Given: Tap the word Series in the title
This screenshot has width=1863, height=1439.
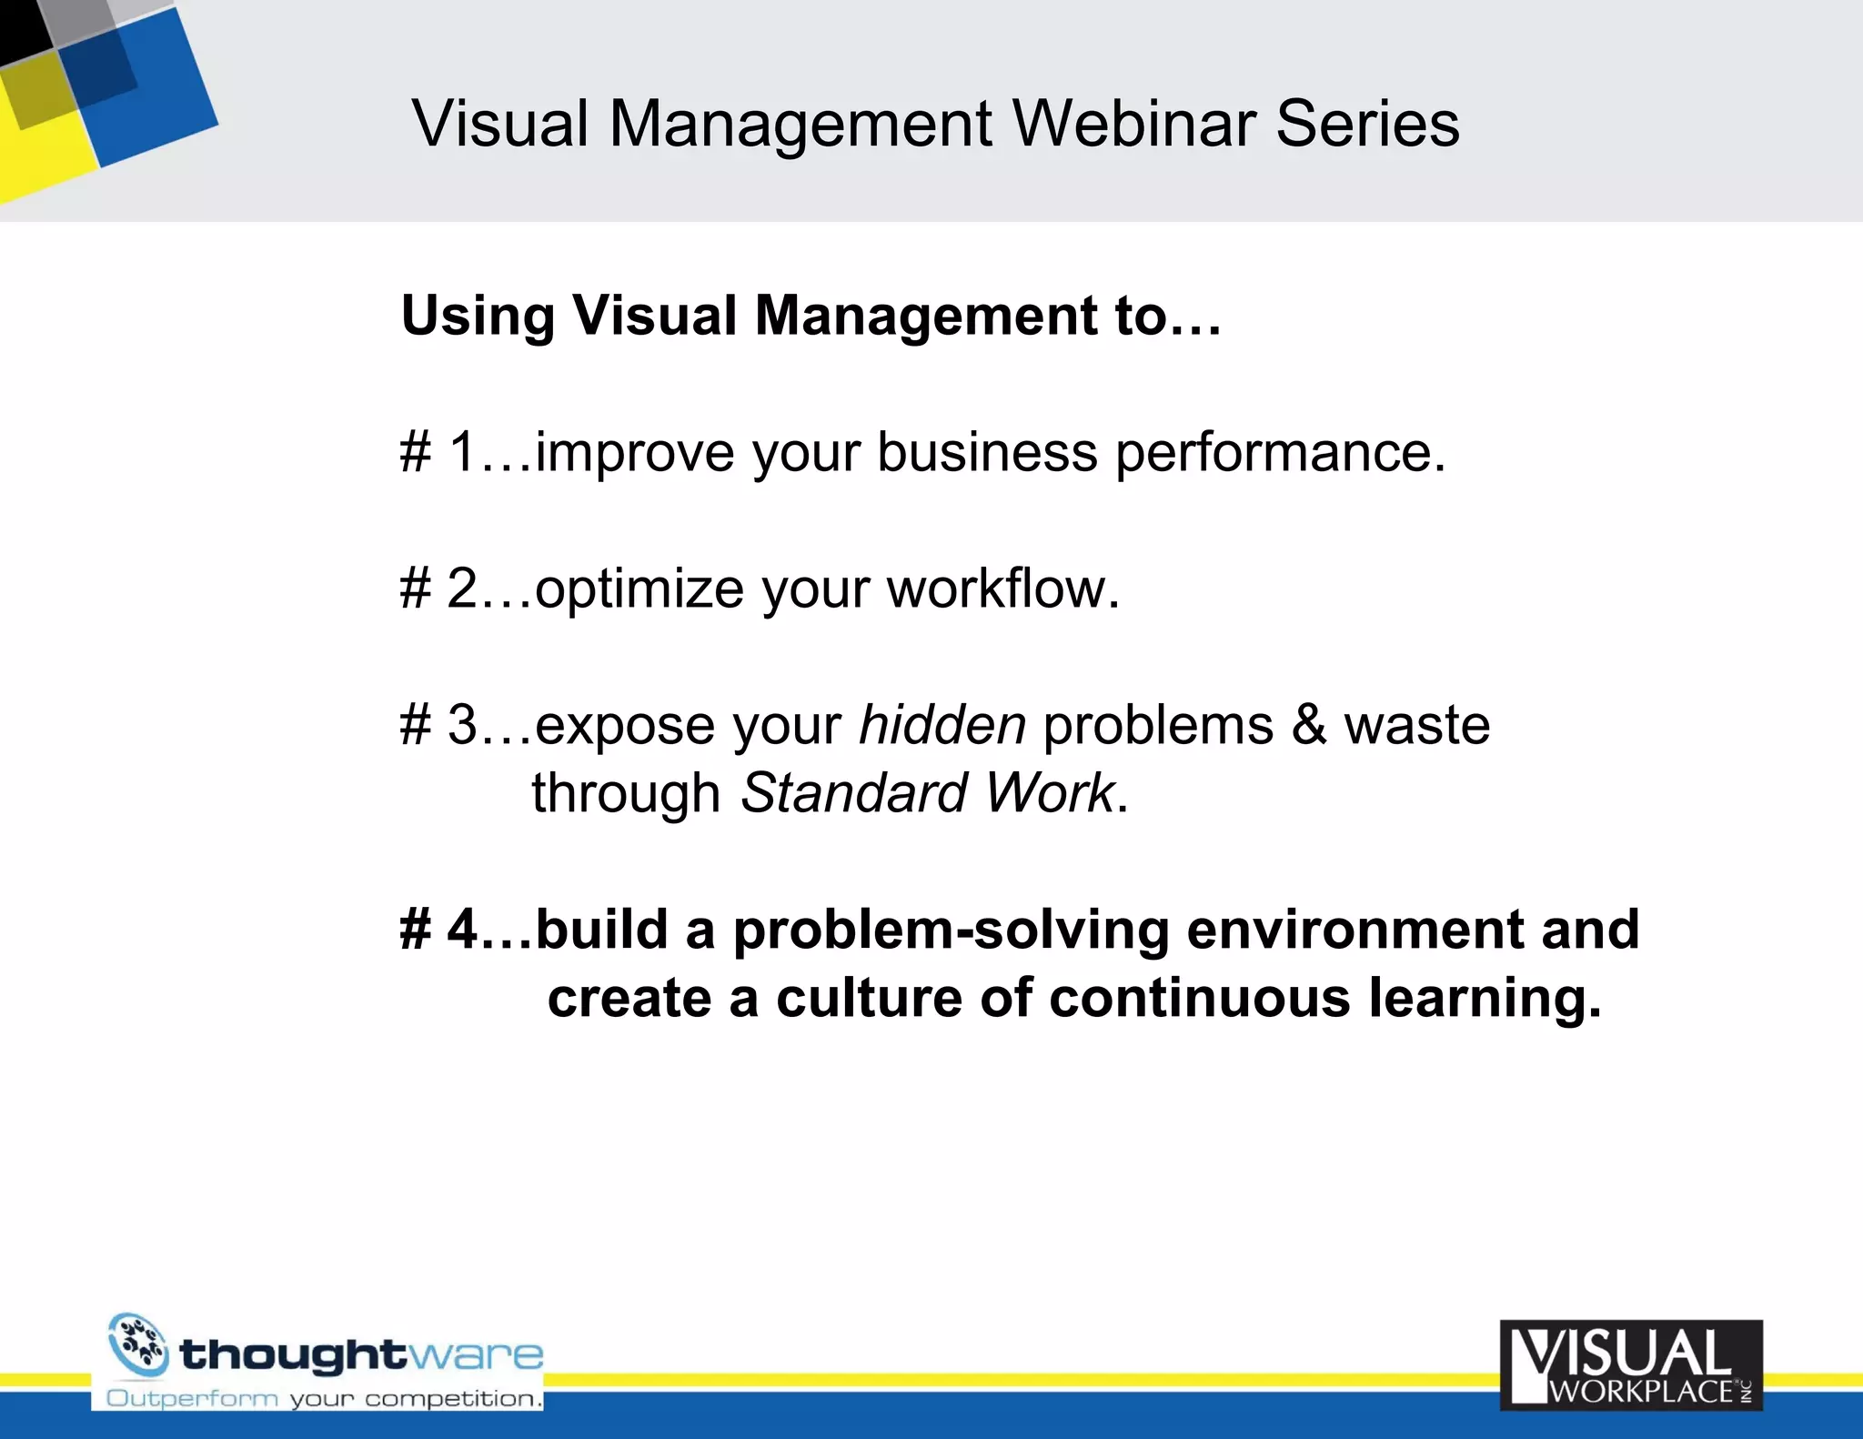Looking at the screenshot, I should tap(1367, 124).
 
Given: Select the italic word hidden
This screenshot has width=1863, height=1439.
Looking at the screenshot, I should tap(942, 725).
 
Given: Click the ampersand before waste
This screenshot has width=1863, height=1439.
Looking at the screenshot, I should tap(1309, 725).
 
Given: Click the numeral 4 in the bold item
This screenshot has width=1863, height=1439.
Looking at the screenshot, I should tap(462, 930).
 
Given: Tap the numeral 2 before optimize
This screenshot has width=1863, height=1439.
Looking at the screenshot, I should tap(462, 589).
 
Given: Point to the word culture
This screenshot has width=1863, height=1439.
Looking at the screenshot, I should tap(870, 998).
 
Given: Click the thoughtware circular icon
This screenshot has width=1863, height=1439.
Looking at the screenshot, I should tap(138, 1344).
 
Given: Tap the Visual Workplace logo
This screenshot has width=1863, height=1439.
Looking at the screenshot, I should tap(1631, 1364).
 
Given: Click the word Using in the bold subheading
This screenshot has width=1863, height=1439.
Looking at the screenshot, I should tap(478, 317).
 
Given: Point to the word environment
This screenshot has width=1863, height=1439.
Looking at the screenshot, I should tap(1354, 930).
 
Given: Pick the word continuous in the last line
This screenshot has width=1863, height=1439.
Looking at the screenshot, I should tap(1199, 998).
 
